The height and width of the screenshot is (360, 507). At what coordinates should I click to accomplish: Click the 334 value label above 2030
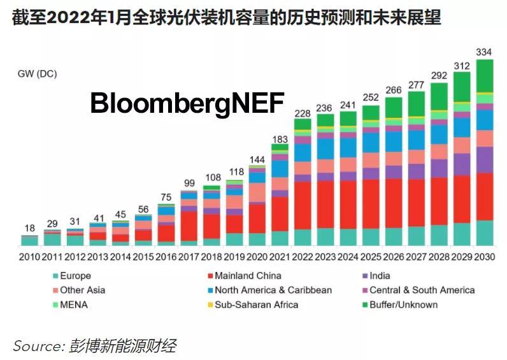coord(485,52)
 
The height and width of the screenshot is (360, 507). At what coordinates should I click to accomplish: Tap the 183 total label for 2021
coord(280,139)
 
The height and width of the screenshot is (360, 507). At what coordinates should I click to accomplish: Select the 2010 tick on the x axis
coord(29,256)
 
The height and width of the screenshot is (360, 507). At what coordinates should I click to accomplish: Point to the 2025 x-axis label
coord(371,256)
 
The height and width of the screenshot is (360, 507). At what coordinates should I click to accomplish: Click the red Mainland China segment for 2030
coord(485,196)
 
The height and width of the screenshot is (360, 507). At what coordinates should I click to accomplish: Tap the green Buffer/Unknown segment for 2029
coord(462,87)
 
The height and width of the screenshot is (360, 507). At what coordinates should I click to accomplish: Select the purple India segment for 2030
coord(485,159)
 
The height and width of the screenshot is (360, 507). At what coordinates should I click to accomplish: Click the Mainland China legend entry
coord(245,276)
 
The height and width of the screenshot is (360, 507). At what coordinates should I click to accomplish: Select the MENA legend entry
coord(73,305)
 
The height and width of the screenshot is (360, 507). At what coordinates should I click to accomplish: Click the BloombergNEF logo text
coord(187,103)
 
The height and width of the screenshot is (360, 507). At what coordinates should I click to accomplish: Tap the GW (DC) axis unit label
coord(37,74)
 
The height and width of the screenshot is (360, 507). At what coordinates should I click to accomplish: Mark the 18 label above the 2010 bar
coord(29,228)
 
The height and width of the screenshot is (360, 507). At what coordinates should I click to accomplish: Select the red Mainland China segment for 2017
coord(189,226)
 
